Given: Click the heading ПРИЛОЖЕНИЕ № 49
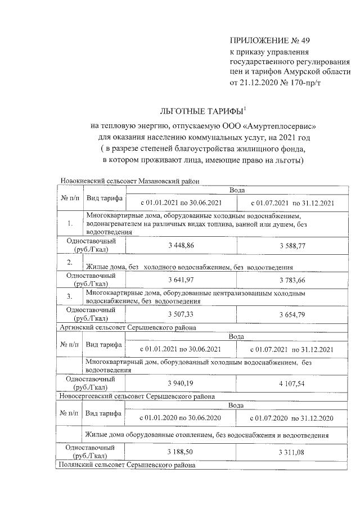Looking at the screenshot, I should [x=270, y=40].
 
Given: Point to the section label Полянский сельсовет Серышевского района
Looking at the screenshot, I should [x=128, y=465].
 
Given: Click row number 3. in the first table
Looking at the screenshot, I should [x=70, y=296].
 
